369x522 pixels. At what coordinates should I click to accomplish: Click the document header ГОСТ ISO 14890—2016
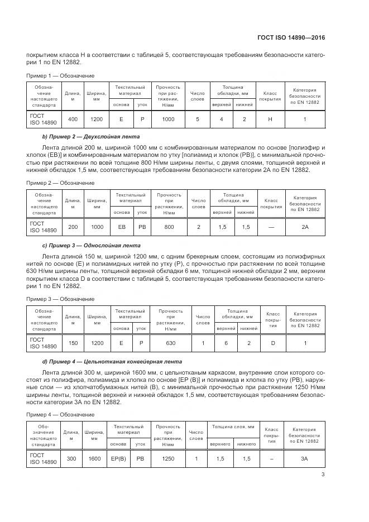pos(293,38)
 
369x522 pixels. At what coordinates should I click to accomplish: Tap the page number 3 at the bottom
pos(323,475)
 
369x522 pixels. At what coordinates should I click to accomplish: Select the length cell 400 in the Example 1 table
pos(73,119)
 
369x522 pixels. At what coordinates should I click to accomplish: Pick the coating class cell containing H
pos(270,119)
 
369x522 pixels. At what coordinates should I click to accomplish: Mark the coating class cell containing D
pos(273,343)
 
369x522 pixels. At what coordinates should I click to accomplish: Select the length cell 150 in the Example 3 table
pos(73,343)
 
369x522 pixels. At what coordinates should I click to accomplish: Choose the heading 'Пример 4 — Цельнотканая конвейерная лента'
pos(110,361)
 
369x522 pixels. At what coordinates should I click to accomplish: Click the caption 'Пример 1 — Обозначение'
pos(61,75)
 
